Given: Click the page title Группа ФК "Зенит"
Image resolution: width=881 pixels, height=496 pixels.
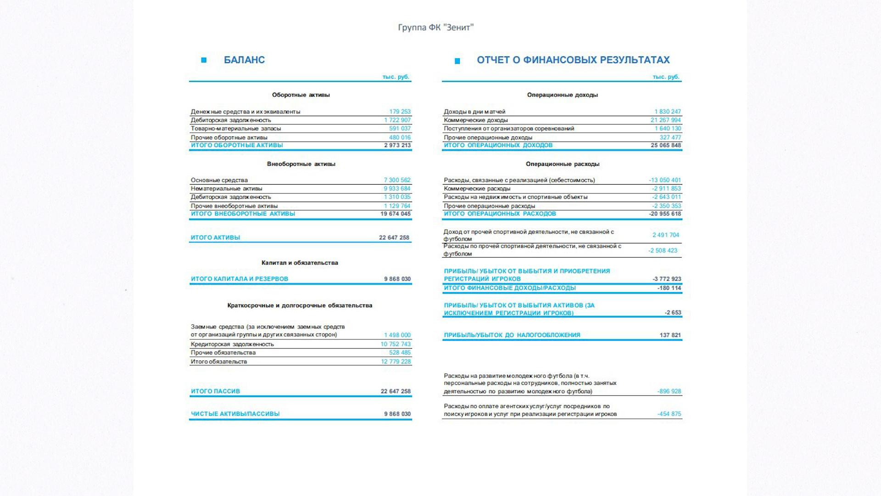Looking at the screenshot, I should (x=435, y=28).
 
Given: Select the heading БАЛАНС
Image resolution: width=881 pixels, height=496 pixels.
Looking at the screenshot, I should (x=244, y=60).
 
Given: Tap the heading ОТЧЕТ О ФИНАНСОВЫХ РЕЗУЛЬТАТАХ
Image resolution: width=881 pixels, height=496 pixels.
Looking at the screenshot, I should (x=573, y=60).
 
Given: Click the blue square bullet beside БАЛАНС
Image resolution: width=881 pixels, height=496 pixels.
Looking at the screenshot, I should (x=204, y=60).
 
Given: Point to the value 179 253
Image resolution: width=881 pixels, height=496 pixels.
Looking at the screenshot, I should (x=400, y=112).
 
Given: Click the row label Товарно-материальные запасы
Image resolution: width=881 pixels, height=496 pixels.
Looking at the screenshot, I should (x=236, y=129).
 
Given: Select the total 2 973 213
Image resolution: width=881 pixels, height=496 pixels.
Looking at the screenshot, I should (x=397, y=145).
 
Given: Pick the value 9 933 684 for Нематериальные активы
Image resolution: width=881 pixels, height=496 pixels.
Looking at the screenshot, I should (x=397, y=188).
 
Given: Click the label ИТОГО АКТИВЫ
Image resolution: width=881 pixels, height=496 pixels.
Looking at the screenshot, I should (x=215, y=237).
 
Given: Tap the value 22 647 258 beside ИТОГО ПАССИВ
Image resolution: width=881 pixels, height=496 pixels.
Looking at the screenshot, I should (x=396, y=391).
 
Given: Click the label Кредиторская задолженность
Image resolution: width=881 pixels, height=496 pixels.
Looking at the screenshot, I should (x=232, y=344).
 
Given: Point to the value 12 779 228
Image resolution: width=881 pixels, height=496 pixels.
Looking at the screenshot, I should (x=396, y=361).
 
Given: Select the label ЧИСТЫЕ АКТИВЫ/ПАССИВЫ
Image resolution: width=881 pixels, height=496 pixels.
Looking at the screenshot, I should (x=235, y=414).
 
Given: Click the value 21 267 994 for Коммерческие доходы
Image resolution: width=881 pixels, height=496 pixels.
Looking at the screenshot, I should (x=665, y=120).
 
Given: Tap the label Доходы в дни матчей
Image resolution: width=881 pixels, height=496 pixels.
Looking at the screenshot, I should (x=474, y=112).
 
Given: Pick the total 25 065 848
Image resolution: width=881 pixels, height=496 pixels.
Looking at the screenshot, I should (x=665, y=145).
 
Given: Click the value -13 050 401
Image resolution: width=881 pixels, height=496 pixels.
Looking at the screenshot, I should (x=665, y=180).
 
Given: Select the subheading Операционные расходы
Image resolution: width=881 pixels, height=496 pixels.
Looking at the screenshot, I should (x=563, y=164).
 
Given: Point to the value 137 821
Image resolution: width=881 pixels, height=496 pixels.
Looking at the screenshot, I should (x=670, y=335).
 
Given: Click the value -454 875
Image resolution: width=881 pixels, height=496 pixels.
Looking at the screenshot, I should (x=669, y=414).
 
